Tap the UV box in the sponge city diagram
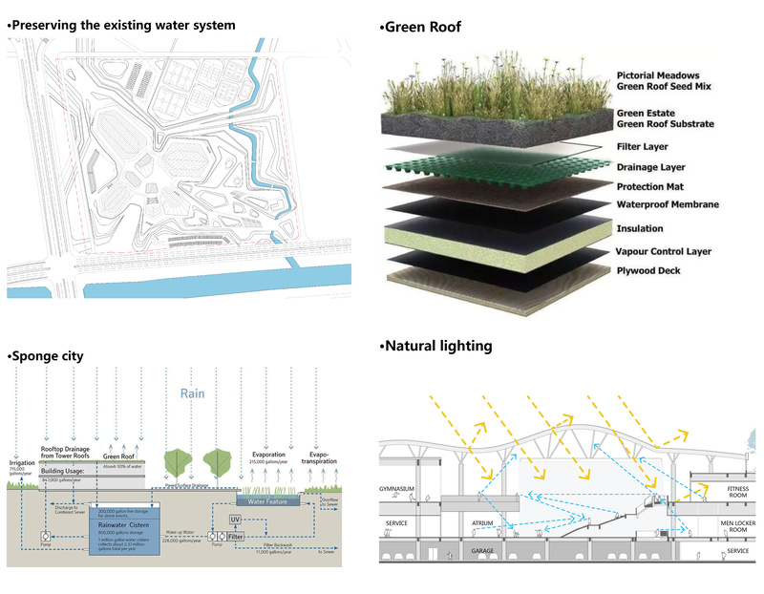click(x=234, y=519)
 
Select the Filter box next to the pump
click(x=237, y=537)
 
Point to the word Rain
click(x=195, y=392)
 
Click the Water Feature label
click(x=267, y=500)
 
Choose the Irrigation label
click(x=20, y=462)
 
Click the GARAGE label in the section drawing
click(x=481, y=552)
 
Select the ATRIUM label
click(x=483, y=524)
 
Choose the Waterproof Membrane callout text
click(x=668, y=204)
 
